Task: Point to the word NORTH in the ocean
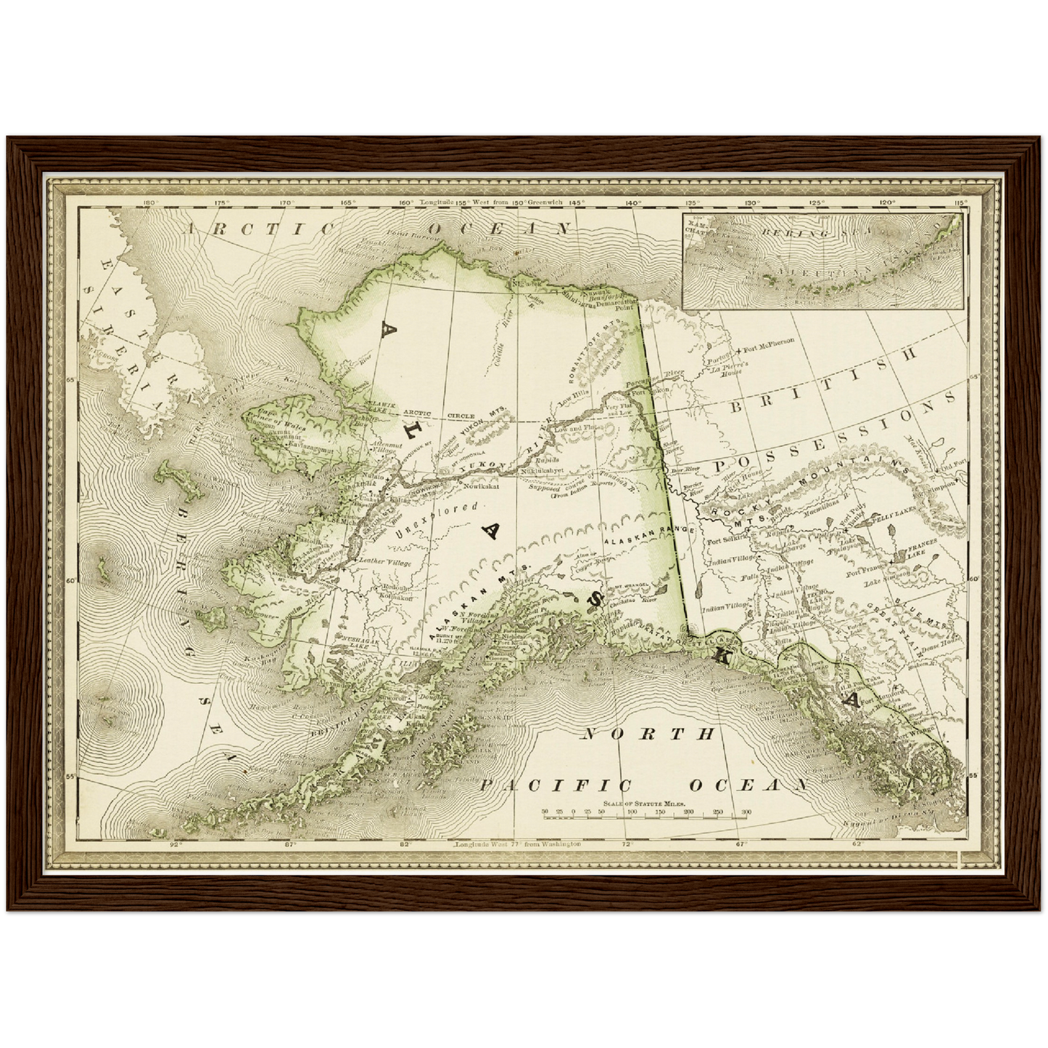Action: click(x=648, y=734)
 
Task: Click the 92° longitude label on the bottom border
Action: click(x=175, y=844)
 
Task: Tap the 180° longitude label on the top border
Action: click(x=151, y=203)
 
